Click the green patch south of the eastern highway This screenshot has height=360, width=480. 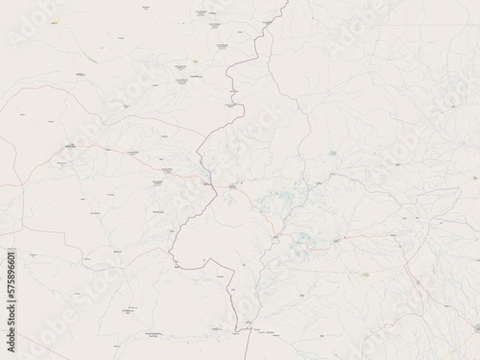pyautogui.click(x=366, y=274)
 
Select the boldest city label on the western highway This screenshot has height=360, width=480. pyautogui.click(x=72, y=147)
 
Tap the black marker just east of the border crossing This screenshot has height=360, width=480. pyautogui.click(x=232, y=186)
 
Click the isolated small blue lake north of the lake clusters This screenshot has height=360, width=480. pyautogui.click(x=333, y=153)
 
